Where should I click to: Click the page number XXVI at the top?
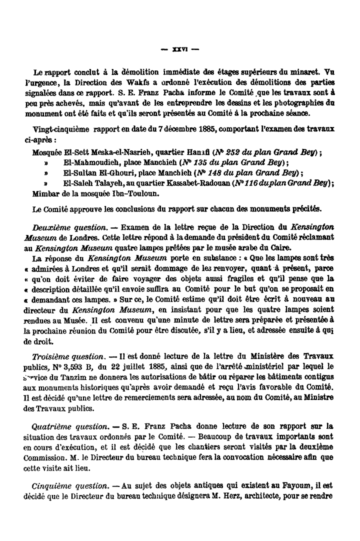click(x=179, y=49)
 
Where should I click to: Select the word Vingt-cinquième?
click(x=53, y=129)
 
